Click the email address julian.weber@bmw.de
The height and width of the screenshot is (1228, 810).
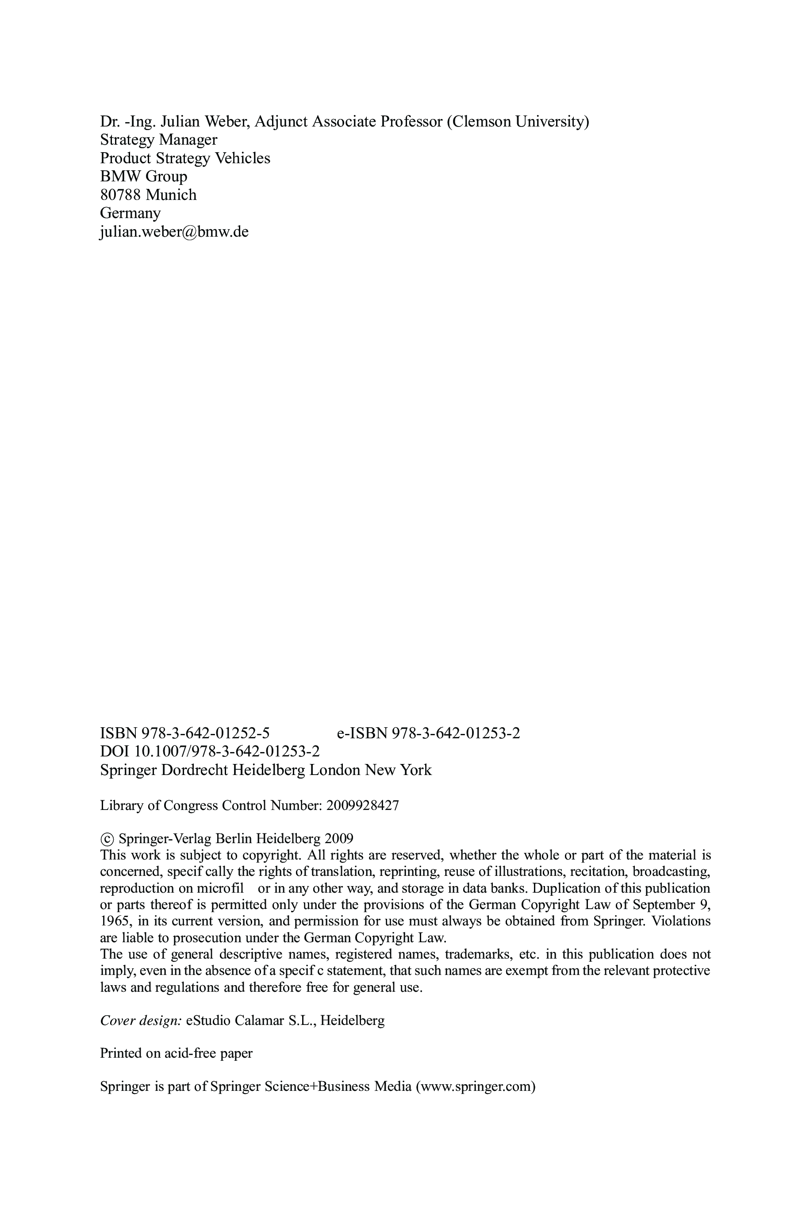pos(174,232)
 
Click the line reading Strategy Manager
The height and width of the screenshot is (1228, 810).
pos(158,139)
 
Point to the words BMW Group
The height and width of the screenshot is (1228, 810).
pos(144,177)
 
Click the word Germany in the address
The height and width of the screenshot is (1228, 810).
pos(130,213)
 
